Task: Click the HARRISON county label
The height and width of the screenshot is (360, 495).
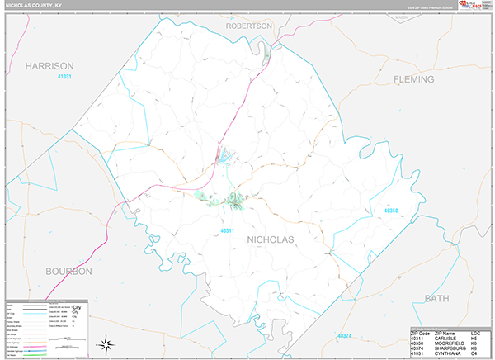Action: [x=49, y=65]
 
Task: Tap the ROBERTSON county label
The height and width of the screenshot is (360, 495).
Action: [x=248, y=26]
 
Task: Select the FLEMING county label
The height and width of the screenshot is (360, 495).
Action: [x=418, y=80]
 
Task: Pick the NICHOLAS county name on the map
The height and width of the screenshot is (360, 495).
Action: [x=270, y=239]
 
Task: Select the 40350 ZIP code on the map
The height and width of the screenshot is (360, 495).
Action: [x=392, y=211]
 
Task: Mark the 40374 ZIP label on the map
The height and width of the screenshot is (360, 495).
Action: [x=344, y=336]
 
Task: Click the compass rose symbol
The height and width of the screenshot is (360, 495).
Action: [x=106, y=343]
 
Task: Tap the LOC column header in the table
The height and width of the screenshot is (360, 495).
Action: [x=477, y=332]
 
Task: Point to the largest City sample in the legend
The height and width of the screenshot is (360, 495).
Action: [x=77, y=307]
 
